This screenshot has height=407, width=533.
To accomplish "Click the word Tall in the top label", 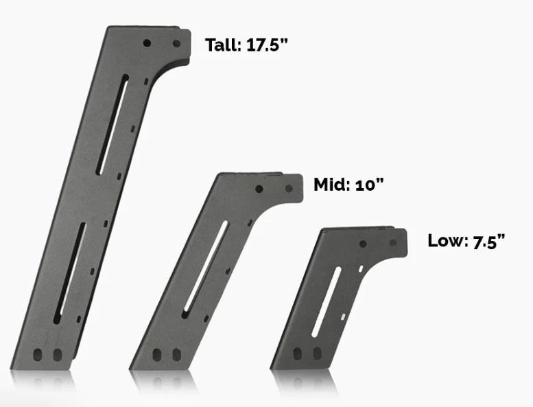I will coord(221,45).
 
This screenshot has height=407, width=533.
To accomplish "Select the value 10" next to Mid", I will coord(368,185).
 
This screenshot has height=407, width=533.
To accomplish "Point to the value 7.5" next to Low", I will coord(488,241).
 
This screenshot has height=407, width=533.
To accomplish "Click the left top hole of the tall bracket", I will coord(147,43).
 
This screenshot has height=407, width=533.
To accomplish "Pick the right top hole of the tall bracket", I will coord(176,43).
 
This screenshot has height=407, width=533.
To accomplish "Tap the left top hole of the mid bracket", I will coord(259,188).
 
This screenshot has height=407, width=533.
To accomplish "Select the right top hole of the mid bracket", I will coord(289,188).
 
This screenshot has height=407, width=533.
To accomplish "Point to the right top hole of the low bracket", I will coord(393,243).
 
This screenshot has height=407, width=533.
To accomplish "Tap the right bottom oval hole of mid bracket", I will coord(176,355).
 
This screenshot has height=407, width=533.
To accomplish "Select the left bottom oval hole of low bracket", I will coord(298,354).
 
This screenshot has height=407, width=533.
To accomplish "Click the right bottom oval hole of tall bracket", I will coord(58,355).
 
